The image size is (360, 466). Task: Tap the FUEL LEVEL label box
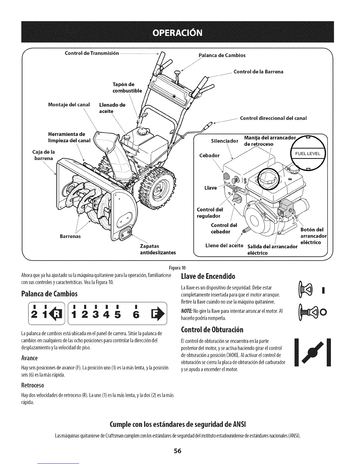(x=307, y=154)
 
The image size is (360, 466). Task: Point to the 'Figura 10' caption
(x=180, y=267)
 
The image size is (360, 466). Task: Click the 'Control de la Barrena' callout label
(x=258, y=71)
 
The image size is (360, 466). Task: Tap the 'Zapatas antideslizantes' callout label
(x=153, y=249)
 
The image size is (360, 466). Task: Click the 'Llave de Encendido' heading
(x=209, y=277)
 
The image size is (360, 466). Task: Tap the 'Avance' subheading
(x=29, y=358)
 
